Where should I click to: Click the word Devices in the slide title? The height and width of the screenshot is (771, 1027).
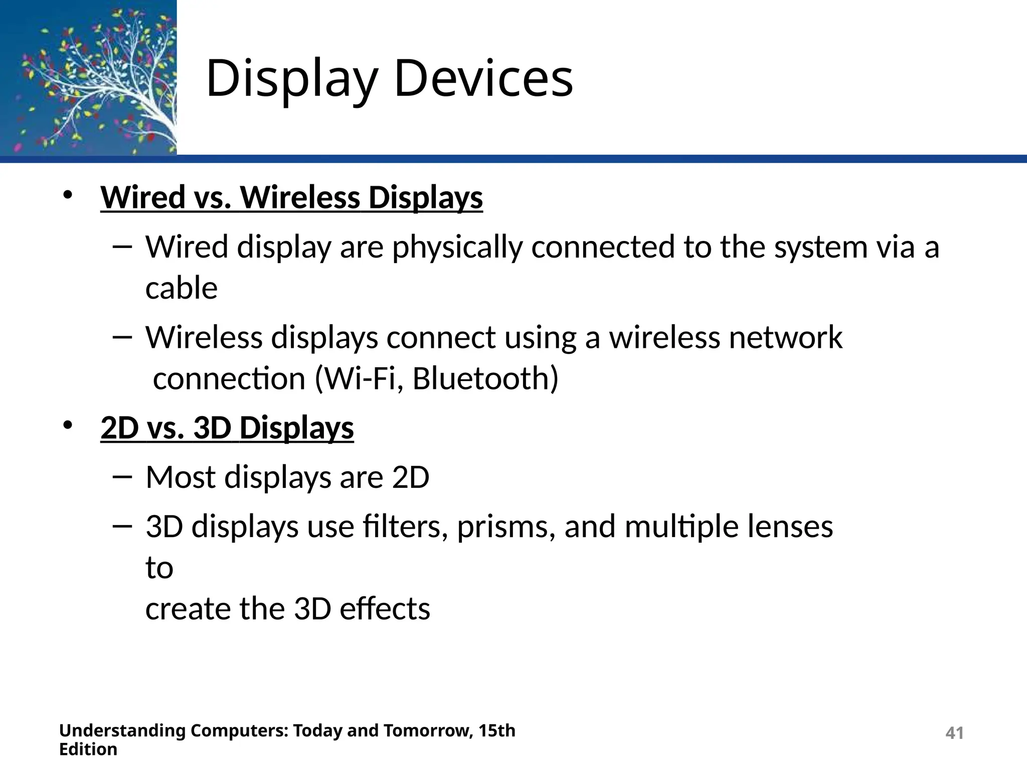click(x=483, y=78)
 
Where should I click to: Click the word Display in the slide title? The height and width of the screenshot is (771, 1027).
click(x=291, y=79)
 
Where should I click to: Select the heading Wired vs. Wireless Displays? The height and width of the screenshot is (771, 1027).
click(x=291, y=197)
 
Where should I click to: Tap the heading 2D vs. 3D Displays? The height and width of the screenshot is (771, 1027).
click(x=227, y=428)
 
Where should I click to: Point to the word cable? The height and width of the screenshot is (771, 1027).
click(x=182, y=288)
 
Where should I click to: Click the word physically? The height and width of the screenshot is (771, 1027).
click(x=457, y=248)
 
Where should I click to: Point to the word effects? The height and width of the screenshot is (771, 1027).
click(x=385, y=609)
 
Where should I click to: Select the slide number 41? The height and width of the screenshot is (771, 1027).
click(x=954, y=733)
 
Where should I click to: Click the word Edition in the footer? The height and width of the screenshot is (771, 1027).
click(x=88, y=749)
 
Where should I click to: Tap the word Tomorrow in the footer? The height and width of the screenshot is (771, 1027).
click(x=428, y=731)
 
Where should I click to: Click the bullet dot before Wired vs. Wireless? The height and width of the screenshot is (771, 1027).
click(x=68, y=196)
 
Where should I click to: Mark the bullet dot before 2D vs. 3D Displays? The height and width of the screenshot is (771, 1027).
click(x=68, y=426)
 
